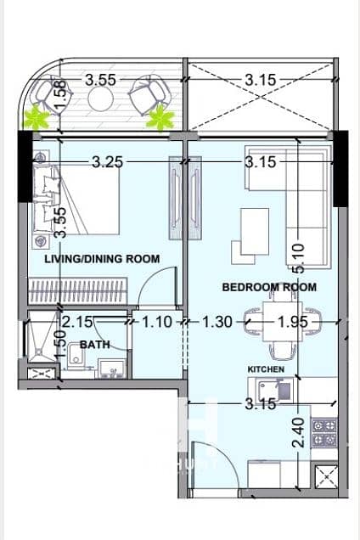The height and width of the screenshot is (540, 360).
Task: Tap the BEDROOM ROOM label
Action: point(269,287)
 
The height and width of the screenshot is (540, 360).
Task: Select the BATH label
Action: point(93,346)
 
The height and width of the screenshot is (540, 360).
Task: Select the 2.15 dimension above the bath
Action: point(76,323)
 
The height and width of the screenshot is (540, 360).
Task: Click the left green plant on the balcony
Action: point(37,118)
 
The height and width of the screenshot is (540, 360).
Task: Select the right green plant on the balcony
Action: point(159,119)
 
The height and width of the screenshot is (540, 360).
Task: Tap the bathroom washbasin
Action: point(110,368)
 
